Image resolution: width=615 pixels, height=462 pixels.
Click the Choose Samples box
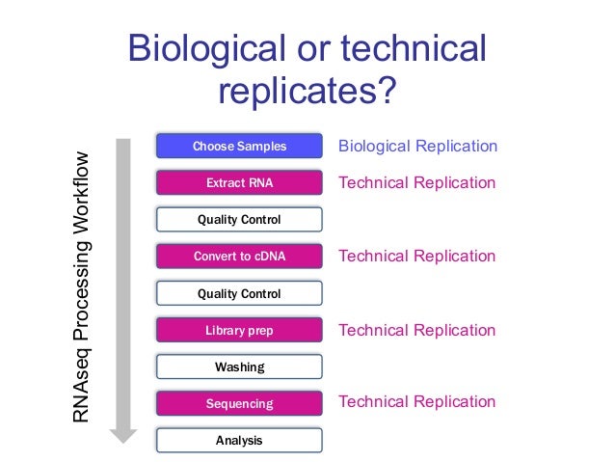239,147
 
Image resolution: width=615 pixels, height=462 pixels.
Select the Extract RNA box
239,183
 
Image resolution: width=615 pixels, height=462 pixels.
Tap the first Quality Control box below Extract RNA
239,220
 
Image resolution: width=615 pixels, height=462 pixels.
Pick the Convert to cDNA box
239,257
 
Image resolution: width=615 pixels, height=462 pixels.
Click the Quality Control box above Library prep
239,293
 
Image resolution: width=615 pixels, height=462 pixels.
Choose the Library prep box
239,331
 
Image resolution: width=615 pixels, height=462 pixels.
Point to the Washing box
239,367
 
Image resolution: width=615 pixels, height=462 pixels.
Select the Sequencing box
239,404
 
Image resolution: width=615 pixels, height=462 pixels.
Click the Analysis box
239,441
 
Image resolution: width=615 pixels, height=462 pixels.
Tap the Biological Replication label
416,147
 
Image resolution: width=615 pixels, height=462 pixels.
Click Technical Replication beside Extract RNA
416,183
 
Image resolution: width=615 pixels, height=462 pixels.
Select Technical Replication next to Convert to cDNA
416,257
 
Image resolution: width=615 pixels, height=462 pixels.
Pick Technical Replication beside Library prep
416,331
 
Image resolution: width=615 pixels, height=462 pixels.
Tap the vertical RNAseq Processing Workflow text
84,287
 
